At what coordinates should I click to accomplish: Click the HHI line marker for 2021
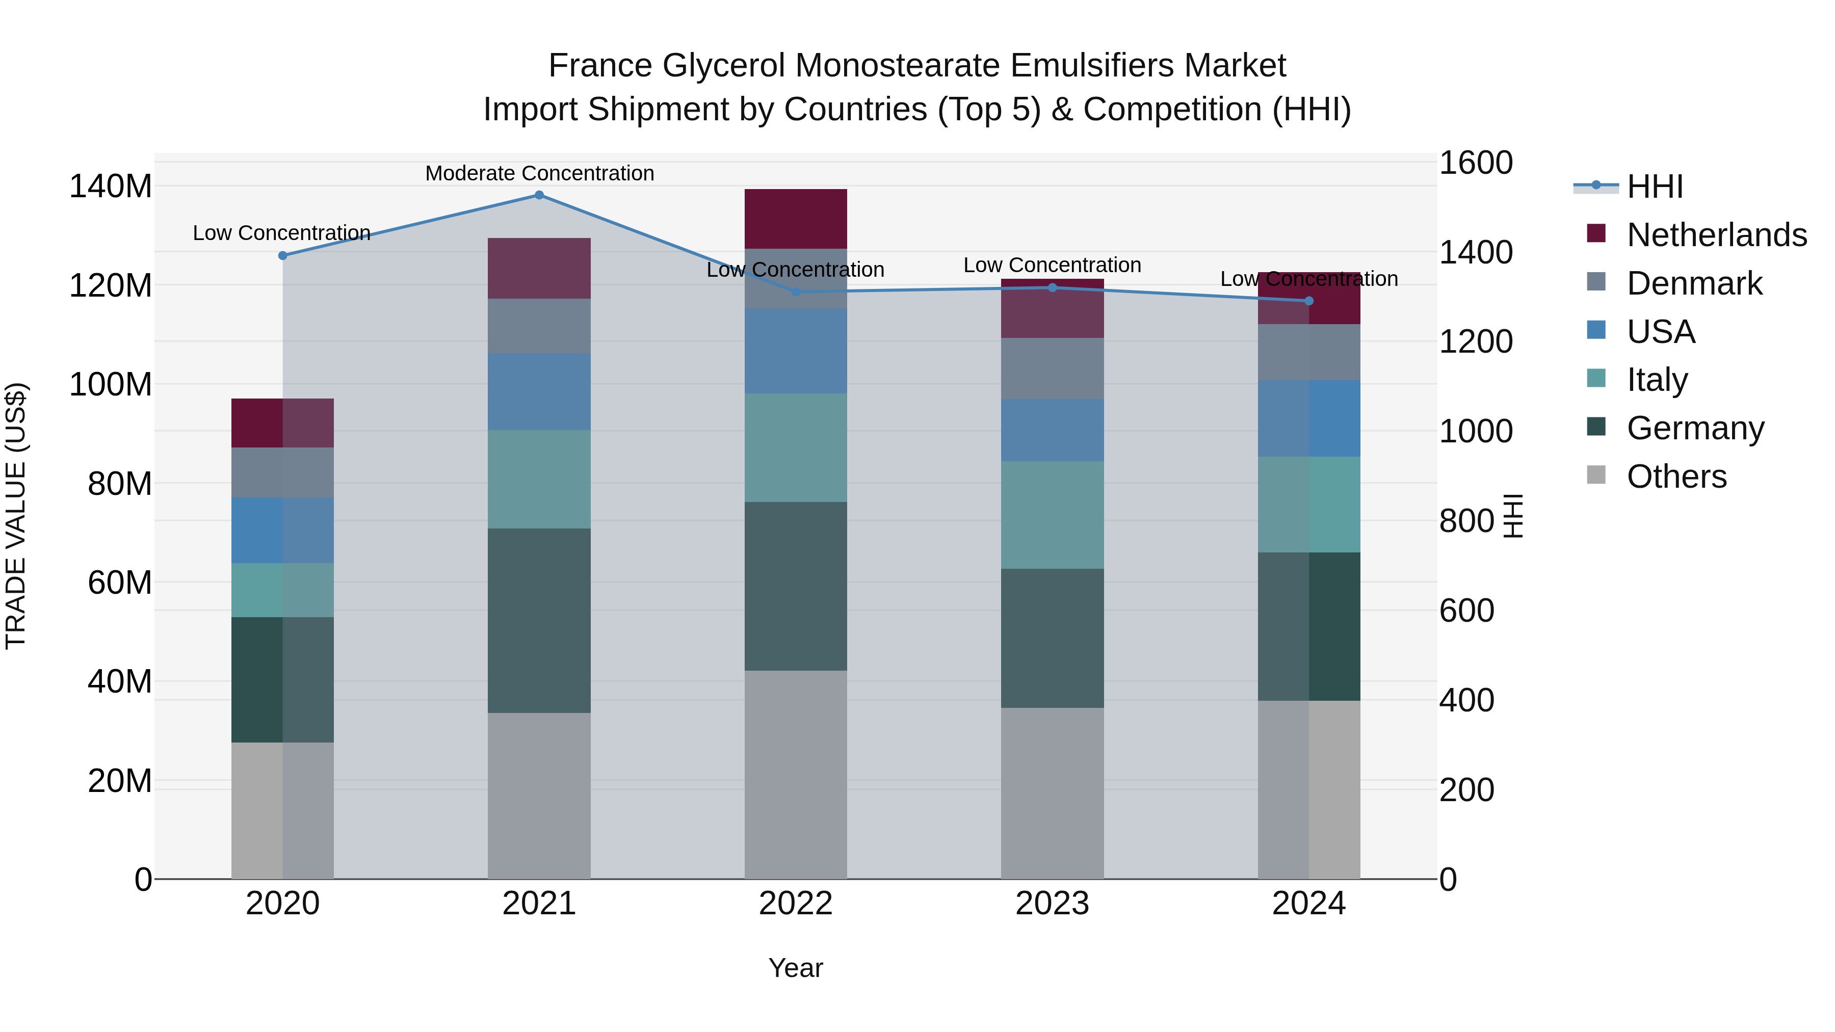tap(539, 195)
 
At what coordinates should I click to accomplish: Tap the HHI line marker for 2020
tap(283, 256)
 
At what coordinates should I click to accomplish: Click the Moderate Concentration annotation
tap(539, 174)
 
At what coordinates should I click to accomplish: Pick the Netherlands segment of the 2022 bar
tap(796, 219)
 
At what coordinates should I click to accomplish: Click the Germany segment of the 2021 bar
tap(539, 620)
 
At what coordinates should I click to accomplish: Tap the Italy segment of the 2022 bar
tap(796, 447)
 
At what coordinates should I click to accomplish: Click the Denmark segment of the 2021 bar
tap(539, 326)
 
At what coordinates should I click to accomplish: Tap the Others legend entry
tap(1676, 477)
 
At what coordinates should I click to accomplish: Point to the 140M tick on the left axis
tap(111, 187)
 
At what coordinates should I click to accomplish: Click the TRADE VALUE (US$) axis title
tap(16, 516)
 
